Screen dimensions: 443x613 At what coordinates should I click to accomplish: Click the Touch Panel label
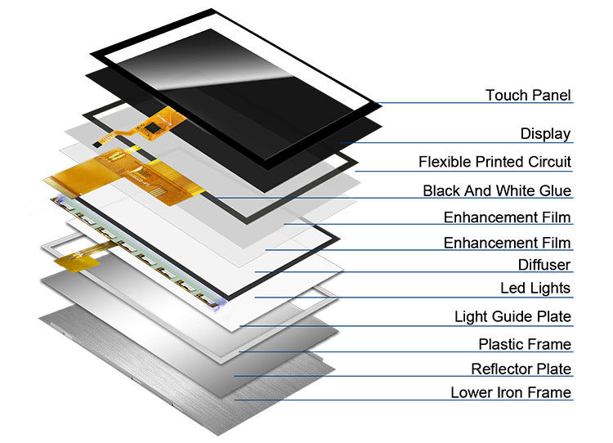pos(528,96)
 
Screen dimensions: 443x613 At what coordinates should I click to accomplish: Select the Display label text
pos(545,134)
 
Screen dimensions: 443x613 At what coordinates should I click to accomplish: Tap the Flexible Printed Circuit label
pos(494,162)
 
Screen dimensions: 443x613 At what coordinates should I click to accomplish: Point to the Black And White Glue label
pos(497,191)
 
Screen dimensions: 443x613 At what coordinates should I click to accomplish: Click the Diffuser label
pos(544,265)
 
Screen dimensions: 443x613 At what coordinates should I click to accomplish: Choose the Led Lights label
pos(535,289)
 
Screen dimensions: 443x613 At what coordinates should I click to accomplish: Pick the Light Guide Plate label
pos(512,316)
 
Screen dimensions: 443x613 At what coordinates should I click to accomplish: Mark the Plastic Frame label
pos(525,344)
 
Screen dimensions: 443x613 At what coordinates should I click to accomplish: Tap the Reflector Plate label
pos(521,369)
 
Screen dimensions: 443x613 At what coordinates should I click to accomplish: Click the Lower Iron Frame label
pos(511,393)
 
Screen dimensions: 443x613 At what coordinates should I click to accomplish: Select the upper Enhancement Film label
pos(507,217)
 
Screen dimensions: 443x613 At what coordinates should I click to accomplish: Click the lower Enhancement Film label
pos(507,243)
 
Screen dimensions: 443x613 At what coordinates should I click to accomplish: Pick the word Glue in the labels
pos(556,191)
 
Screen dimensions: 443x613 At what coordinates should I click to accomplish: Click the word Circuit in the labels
pos(549,162)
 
